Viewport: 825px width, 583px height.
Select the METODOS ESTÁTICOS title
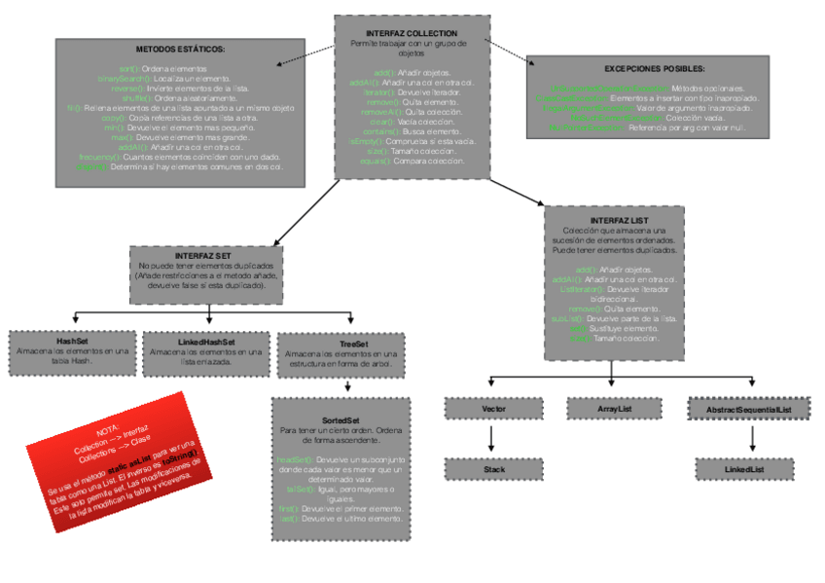(x=180, y=48)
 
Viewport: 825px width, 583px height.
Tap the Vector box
(x=493, y=409)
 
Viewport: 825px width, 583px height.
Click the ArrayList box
(x=615, y=409)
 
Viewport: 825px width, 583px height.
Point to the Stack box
(x=493, y=469)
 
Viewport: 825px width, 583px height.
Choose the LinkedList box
(x=743, y=469)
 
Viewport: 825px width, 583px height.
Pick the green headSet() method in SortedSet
(x=292, y=457)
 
